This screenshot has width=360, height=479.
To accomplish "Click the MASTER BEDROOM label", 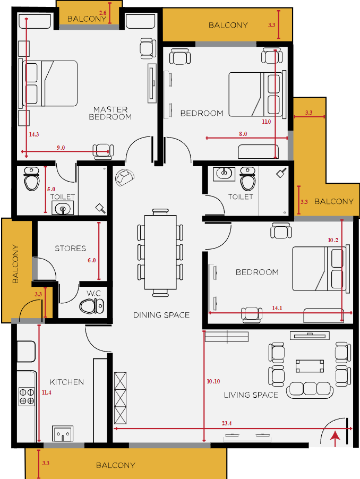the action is pos(110,113).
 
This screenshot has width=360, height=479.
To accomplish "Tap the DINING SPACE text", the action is pos(161,315).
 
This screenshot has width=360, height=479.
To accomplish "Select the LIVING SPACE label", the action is pos(251,395).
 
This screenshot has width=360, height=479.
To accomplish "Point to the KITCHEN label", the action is pos(67,382).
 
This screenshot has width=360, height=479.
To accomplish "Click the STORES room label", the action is pos(70,249).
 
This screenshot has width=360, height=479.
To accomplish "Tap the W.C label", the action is pos(93,293).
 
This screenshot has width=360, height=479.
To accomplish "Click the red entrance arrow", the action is pos(335,439).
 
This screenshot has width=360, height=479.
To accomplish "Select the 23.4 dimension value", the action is pos(227,423).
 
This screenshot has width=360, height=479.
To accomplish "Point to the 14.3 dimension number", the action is pos(34,134).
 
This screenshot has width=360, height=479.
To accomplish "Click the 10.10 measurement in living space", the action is pos(213,381).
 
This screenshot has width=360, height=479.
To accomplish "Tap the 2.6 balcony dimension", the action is pos(103,13).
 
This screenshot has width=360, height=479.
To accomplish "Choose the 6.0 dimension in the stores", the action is pos(92,260).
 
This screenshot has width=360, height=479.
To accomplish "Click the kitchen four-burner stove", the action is pos(27,397).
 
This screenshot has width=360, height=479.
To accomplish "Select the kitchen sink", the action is pos(63,433).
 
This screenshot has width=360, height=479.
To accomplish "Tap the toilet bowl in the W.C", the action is pos(92,306).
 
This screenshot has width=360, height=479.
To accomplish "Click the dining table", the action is pos(160,252).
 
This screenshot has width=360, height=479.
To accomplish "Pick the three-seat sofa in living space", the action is pos(310,390).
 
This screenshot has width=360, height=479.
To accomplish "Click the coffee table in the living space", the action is pos(310,366).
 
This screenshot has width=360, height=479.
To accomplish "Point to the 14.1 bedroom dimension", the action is pos(277,308).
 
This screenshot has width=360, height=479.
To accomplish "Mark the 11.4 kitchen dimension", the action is pos(46,392).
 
